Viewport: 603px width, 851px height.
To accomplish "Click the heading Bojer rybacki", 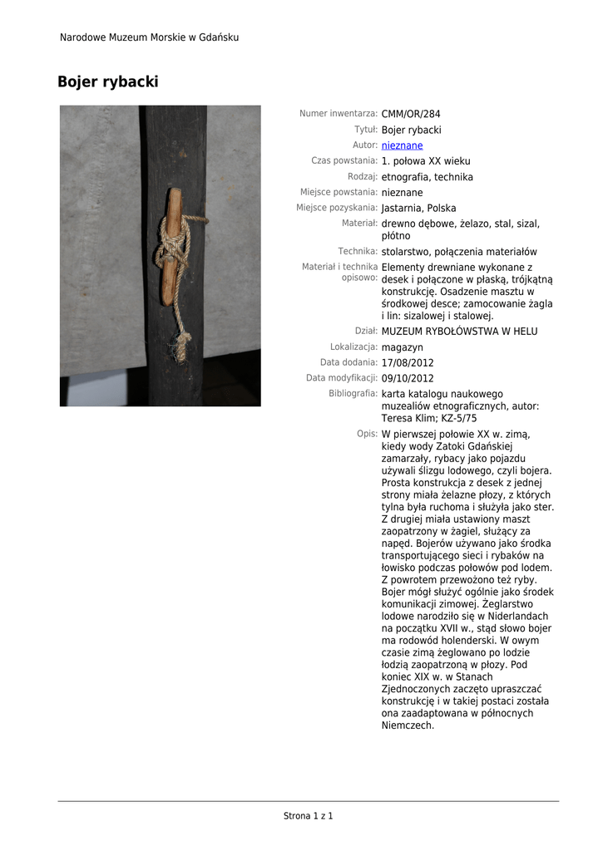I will click(107, 82).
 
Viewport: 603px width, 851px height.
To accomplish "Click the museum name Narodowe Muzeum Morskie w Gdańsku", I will click(149, 37).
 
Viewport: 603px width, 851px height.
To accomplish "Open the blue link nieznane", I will click(402, 145).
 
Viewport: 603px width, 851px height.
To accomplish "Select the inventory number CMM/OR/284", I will click(411, 114).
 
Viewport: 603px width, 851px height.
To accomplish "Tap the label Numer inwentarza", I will click(339, 114).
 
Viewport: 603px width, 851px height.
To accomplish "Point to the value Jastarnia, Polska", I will click(418, 209).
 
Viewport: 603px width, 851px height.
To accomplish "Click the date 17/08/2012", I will click(408, 363).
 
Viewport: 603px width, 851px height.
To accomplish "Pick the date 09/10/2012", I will click(408, 379).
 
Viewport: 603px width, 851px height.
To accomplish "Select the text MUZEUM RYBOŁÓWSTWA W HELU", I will click(459, 332).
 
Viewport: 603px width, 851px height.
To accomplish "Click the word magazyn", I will click(402, 347).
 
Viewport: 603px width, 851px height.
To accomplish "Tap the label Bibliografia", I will click(353, 394).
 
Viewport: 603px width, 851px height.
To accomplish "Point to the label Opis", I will click(368, 434).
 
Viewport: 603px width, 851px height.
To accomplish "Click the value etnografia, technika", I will click(427, 177).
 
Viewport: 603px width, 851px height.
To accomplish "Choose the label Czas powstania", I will click(344, 160).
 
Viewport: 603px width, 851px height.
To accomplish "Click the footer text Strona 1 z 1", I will click(308, 816).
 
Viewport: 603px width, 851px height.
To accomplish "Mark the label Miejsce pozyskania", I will click(337, 208).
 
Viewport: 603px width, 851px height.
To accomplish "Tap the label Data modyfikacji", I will click(342, 378).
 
